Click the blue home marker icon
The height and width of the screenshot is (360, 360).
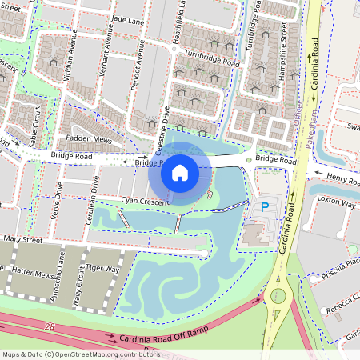(180, 172)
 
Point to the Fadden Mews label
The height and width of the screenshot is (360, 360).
(89, 138)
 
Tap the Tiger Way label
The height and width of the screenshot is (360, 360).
(102, 270)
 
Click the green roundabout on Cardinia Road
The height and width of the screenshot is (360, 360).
(278, 296)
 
